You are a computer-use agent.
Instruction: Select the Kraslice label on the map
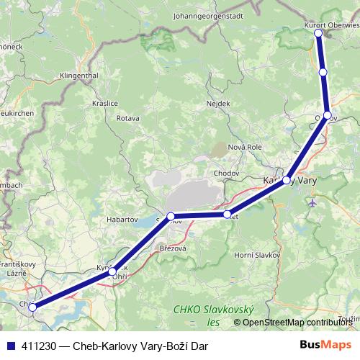pyautogui.click(x=104, y=103)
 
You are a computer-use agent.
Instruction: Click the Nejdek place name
pyautogui.click(x=217, y=103)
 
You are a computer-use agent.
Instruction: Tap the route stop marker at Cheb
pyautogui.click(x=32, y=307)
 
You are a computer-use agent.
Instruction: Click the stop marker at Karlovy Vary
pyautogui.click(x=287, y=180)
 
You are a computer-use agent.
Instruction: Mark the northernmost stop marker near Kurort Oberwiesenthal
pyautogui.click(x=318, y=32)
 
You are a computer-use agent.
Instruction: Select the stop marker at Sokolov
pyautogui.click(x=171, y=217)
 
